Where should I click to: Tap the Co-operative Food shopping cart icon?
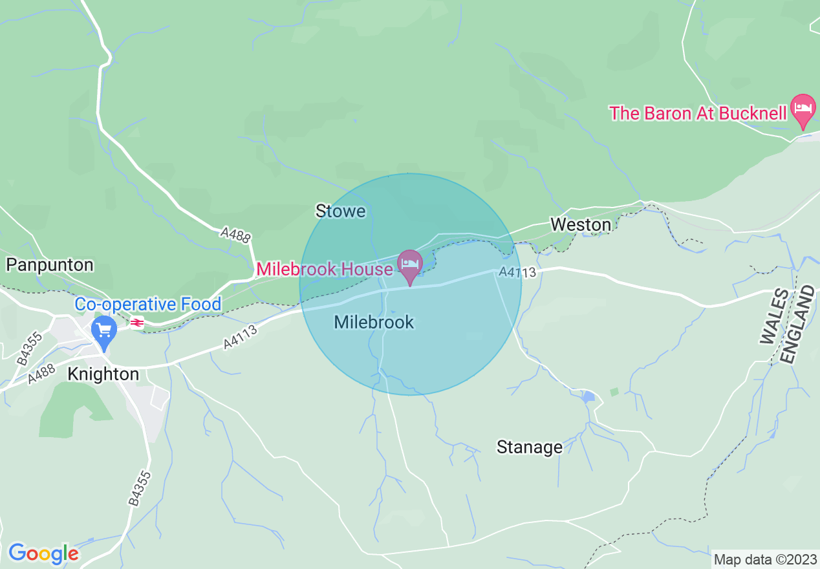pyautogui.click(x=103, y=330)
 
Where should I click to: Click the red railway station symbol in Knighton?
pyautogui.click(x=137, y=322)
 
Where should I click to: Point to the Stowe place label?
pyautogui.click(x=340, y=211)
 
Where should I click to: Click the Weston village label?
pyautogui.click(x=580, y=224)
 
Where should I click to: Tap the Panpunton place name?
pyautogui.click(x=50, y=265)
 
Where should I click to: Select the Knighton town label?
pyautogui.click(x=103, y=374)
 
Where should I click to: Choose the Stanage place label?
pyautogui.click(x=529, y=447)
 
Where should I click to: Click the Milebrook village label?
pyautogui.click(x=374, y=322)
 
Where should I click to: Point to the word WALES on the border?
pyautogui.click(x=775, y=317)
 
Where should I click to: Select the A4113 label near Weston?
pyautogui.click(x=517, y=274)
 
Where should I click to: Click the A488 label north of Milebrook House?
pyautogui.click(x=235, y=235)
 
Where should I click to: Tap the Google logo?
pyautogui.click(x=43, y=553)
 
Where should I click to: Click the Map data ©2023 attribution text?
pyautogui.click(x=764, y=559)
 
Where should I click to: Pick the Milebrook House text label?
pyautogui.click(x=325, y=269)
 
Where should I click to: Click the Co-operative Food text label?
pyautogui.click(x=148, y=304)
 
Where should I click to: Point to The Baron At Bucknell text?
pyautogui.click(x=698, y=113)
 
